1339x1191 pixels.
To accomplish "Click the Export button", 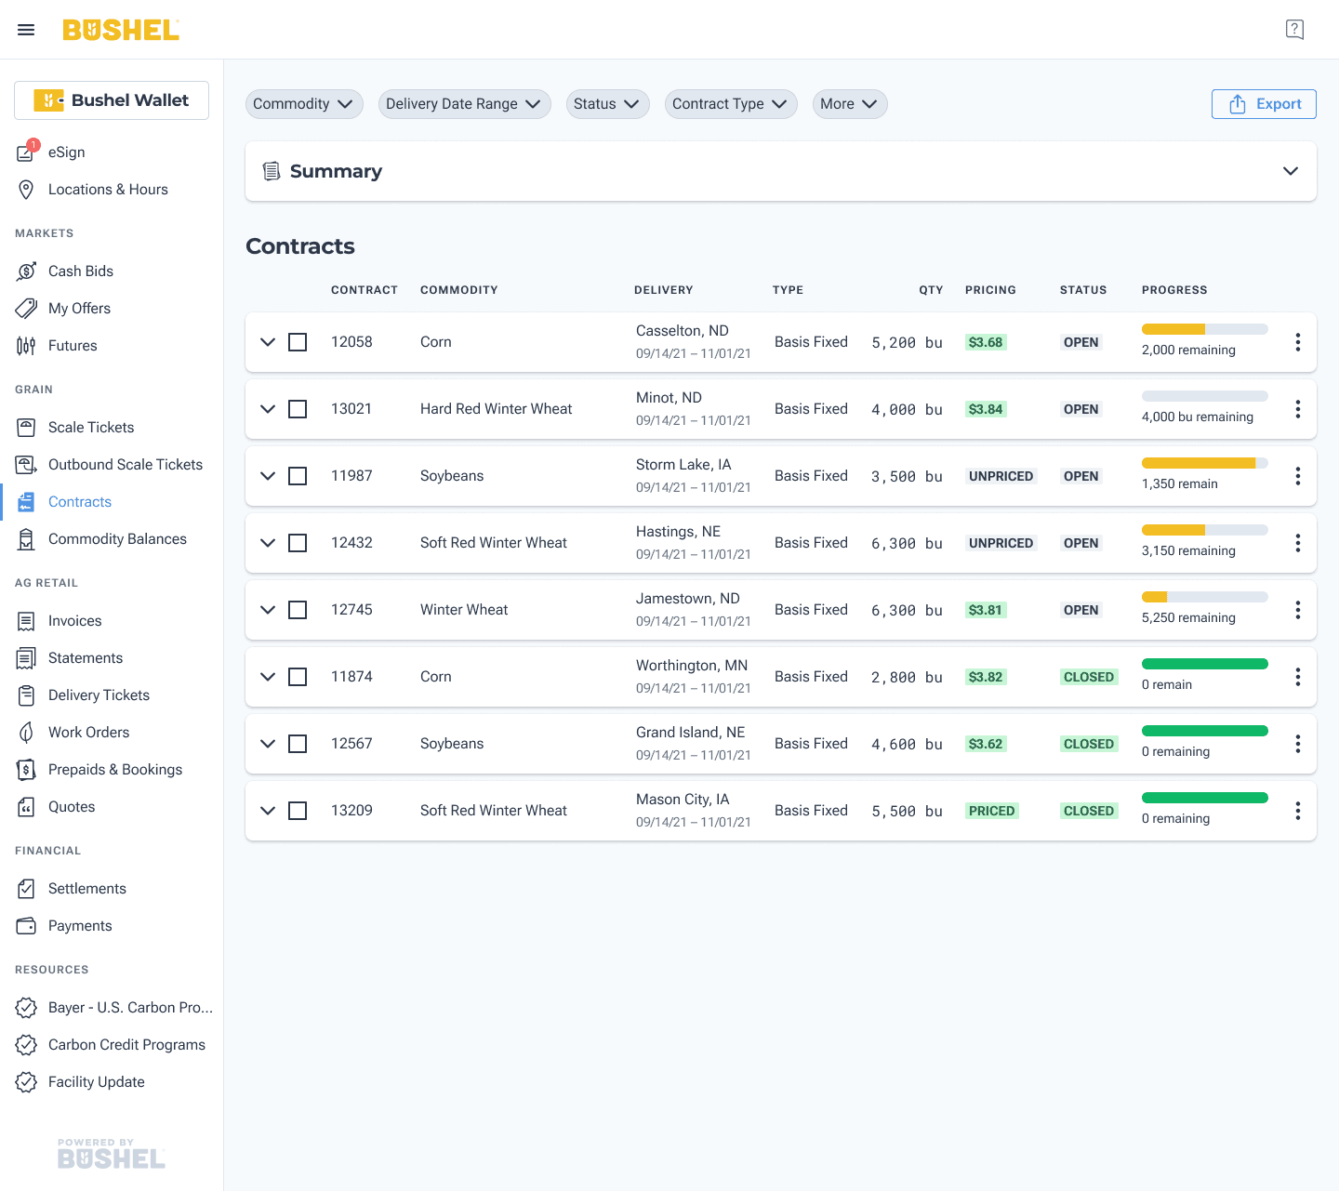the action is (1263, 104).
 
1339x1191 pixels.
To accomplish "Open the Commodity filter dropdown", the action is (303, 104).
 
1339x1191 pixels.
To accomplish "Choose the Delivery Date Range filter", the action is (464, 104).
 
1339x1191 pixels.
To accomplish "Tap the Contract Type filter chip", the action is (730, 104).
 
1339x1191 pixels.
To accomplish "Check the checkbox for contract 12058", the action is (298, 342).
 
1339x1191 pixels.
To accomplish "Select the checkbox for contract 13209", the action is (298, 811).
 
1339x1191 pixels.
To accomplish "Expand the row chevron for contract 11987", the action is (268, 476).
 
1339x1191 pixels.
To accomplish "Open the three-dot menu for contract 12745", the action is (1297, 609).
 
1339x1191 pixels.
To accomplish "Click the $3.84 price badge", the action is (986, 409).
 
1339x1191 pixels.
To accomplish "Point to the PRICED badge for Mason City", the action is (991, 811).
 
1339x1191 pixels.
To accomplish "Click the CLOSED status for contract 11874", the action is (1089, 677).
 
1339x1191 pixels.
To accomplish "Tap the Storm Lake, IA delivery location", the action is (683, 465).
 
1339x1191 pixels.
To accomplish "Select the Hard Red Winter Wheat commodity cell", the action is (496, 409).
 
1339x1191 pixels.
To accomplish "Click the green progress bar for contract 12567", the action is (1204, 731).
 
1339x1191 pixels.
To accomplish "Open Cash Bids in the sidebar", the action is (81, 271).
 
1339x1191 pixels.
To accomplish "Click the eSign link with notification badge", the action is (66, 152).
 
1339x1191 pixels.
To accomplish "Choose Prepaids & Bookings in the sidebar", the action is (115, 769).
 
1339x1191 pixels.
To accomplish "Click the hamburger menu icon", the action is (26, 30).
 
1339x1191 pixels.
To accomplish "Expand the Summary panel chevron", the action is (1290, 171).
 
